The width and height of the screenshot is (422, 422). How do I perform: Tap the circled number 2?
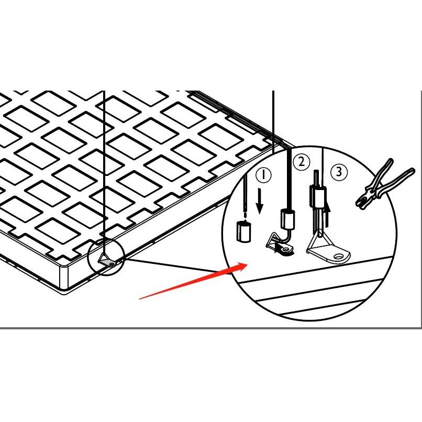click(301, 162)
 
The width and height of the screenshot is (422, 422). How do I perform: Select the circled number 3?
click(340, 171)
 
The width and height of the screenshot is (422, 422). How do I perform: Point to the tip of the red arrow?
click(248, 264)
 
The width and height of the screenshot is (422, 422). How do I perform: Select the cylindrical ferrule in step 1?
click(242, 231)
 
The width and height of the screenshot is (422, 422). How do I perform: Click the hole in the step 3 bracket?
click(342, 256)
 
